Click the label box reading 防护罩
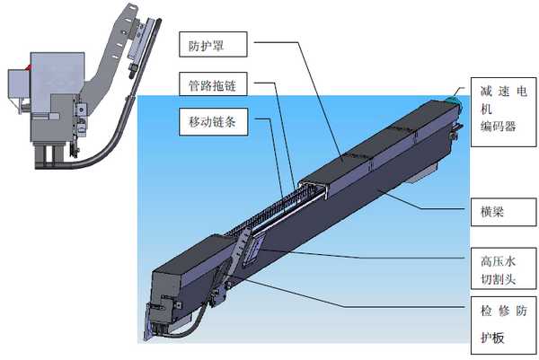pos(213,44)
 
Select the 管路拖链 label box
pos(213,83)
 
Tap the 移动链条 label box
pos(213,121)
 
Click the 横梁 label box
pos(503,212)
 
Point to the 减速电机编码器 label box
pos(503,112)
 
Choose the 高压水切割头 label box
pos(503,268)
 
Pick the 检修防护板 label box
pos(503,325)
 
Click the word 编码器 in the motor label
pos(498,127)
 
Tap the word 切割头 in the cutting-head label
pos(498,278)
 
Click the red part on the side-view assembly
pos(29,67)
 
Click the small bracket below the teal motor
pos(455,131)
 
